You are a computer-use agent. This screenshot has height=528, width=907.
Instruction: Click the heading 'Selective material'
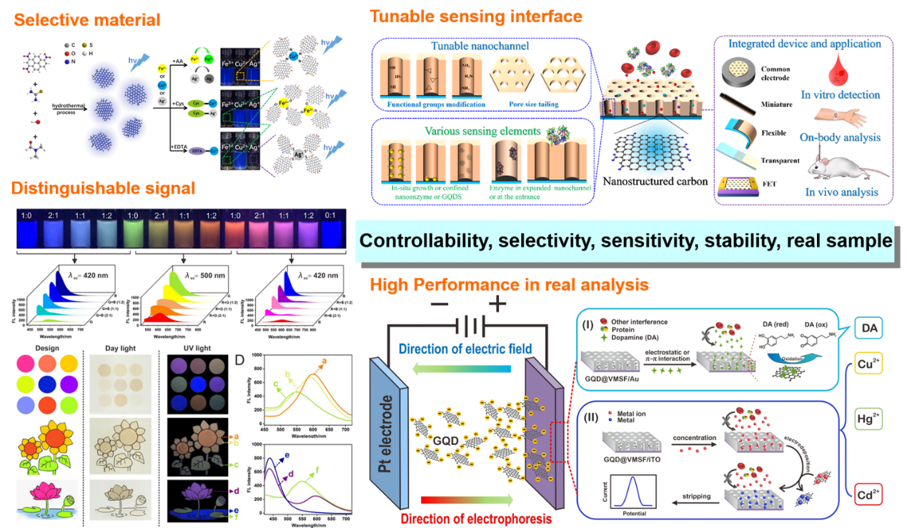pos(87,19)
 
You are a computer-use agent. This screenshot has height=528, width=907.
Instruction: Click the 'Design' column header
pos(40,347)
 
